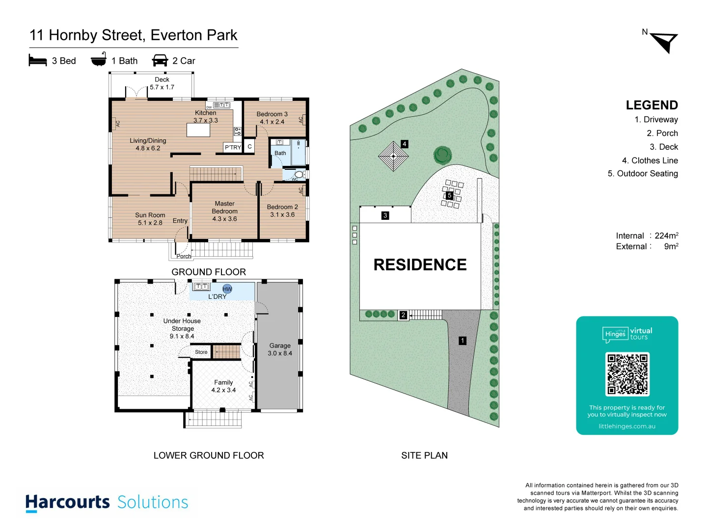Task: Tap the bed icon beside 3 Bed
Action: [38, 60]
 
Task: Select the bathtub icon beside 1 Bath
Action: [99, 60]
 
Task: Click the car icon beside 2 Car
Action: [160, 60]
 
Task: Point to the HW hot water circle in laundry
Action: [227, 289]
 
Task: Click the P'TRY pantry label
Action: [233, 147]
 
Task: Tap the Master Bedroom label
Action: [224, 211]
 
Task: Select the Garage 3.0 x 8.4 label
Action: [280, 349]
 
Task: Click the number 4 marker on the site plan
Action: [404, 144]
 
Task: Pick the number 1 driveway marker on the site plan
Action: [462, 341]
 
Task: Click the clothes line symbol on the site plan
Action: [393, 156]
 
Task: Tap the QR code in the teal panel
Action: [627, 374]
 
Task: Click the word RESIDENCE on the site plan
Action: [420, 265]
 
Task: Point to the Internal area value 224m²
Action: [666, 236]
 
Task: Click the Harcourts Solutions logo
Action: [107, 502]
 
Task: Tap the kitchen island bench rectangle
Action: [198, 130]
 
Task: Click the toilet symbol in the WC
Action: [299, 174]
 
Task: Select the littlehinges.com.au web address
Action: [627, 426]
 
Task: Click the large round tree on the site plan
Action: [442, 155]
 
